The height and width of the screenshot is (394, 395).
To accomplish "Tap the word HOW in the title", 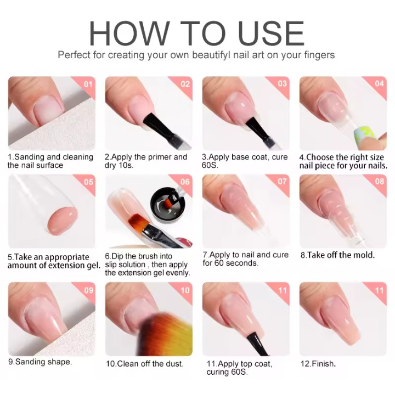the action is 129,33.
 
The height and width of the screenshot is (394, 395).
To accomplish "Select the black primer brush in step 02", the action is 158,128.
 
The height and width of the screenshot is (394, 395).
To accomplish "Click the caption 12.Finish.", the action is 318,363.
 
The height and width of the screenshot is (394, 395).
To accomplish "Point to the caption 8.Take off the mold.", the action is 337,255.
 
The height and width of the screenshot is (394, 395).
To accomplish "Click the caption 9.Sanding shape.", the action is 40,362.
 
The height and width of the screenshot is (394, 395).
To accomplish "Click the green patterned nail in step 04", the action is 363,136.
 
